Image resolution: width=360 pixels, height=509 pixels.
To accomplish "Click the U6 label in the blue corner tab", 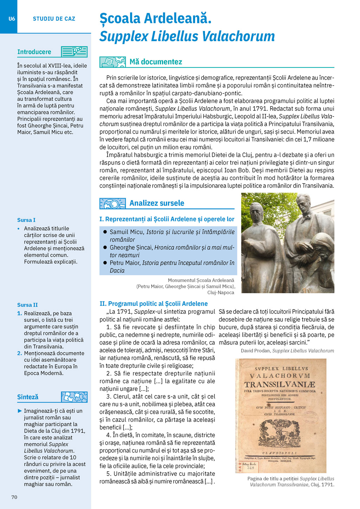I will [12, 19].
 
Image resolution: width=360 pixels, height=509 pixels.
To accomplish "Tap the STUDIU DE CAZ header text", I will [54, 19].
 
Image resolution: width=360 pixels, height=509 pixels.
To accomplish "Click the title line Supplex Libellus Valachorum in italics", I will [187, 37].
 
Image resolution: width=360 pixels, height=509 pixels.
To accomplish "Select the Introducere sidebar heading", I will [34, 52].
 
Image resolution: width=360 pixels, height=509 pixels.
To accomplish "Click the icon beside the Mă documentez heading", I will [112, 62].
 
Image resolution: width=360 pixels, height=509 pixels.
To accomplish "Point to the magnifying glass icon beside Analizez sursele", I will [112, 203].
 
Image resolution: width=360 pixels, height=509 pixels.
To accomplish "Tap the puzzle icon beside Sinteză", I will [74, 397].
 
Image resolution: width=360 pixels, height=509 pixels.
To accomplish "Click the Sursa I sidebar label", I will [26, 220].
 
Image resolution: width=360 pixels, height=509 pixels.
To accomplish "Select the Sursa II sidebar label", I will [27, 305].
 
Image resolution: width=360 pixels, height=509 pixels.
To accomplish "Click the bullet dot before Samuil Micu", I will [105, 232].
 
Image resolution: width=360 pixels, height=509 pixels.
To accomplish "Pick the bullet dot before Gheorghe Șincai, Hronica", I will [105, 247].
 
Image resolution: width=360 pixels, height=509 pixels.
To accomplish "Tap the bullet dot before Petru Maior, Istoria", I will [105, 263].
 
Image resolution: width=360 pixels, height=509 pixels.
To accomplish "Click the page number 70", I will [14, 497].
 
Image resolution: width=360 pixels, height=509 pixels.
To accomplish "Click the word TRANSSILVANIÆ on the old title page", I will [280, 385].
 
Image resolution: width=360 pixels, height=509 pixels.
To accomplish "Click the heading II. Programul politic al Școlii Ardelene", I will [154, 304].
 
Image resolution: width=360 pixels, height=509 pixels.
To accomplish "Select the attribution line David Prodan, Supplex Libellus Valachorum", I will [287, 351].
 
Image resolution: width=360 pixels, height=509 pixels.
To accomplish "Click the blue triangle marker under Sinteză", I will [20, 411].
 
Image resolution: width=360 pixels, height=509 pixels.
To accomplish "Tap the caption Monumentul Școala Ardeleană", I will [201, 281].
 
